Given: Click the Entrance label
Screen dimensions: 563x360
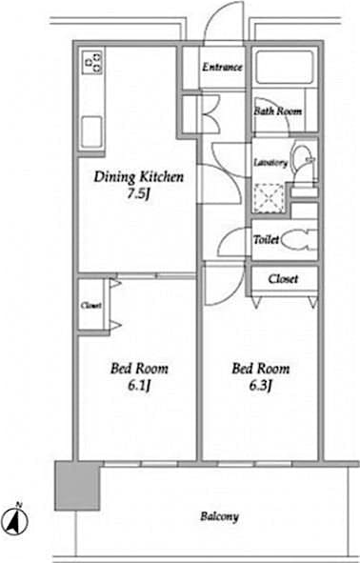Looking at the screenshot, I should coord(223,68).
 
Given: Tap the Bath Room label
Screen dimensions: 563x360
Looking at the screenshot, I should coord(277,111).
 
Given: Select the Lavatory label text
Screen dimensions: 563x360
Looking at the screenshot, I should coord(270,163).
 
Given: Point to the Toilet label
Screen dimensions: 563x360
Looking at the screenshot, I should coord(266,240).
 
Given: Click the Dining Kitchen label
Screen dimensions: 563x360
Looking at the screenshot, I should coord(137,176).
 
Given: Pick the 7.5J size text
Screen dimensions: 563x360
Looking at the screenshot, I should coord(137,193).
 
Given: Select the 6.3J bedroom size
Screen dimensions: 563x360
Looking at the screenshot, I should coord(259,385).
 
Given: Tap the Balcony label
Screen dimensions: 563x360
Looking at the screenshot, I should coord(219,517).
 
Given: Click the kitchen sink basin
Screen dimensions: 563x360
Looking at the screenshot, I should coord(92,131).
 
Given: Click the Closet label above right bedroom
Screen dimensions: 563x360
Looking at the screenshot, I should coord(283,279).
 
